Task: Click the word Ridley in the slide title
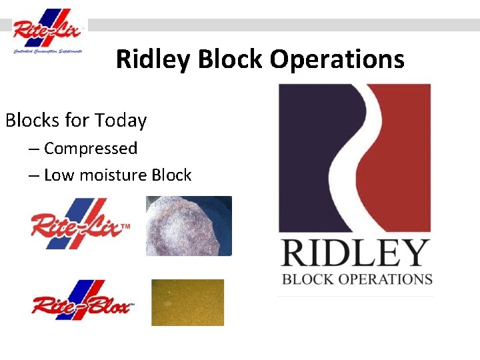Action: pos(153,59)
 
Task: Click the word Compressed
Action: pos(91,148)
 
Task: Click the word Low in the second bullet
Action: pos(58,175)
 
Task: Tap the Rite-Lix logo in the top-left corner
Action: pos(48,30)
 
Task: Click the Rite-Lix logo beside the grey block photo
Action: pos(79,223)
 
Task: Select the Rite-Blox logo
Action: pos(82,302)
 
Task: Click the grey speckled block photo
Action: pos(189,225)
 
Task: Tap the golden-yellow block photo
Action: pos(187,302)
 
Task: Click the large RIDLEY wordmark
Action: pos(355,254)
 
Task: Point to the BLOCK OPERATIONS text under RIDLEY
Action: pos(357,279)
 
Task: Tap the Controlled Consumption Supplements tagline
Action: pos(47,51)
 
